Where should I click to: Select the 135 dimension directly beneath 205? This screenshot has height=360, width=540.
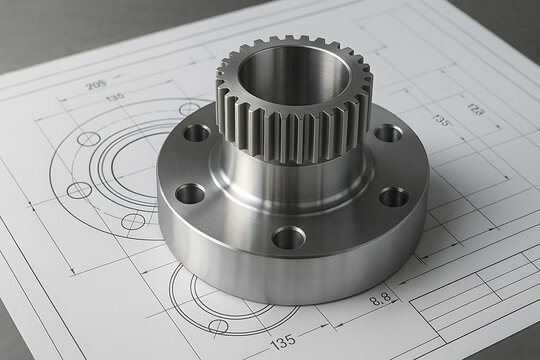(115, 97)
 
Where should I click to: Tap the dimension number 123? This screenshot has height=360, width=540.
(475, 108)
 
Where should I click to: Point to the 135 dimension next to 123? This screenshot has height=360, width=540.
(441, 120)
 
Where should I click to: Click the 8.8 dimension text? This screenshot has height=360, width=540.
(381, 297)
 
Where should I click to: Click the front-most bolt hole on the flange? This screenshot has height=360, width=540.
(288, 237)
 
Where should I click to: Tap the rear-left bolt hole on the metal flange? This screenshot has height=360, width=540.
(197, 132)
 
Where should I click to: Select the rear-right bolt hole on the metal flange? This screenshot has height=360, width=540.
(388, 133)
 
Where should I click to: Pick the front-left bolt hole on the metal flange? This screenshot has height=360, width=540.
(190, 193)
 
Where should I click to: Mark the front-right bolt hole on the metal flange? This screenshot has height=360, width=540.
(394, 197)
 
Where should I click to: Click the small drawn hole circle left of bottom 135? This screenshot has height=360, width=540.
(219, 326)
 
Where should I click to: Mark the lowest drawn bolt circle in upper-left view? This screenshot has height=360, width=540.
(133, 221)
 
